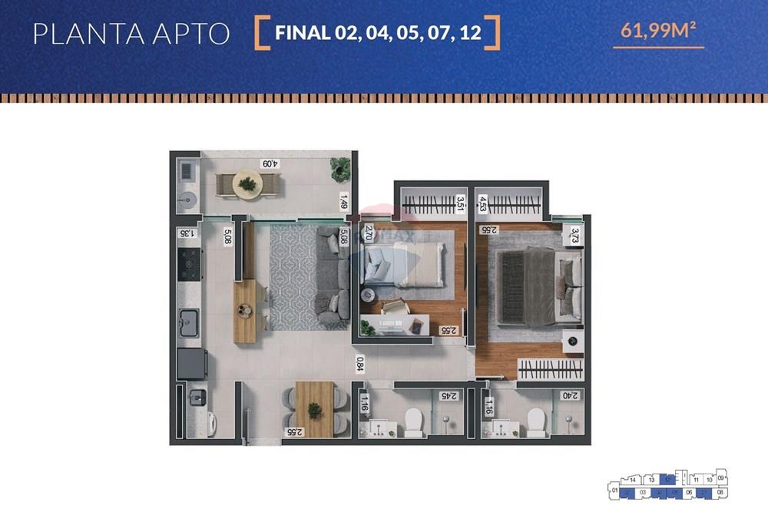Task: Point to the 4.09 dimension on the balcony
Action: click(x=270, y=164)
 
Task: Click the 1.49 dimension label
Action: click(x=344, y=202)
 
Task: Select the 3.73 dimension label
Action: click(x=574, y=236)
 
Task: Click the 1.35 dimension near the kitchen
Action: click(x=186, y=233)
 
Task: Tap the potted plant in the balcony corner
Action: click(x=338, y=168)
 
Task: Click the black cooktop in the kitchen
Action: click(x=189, y=265)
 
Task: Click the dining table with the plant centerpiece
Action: click(x=313, y=409)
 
